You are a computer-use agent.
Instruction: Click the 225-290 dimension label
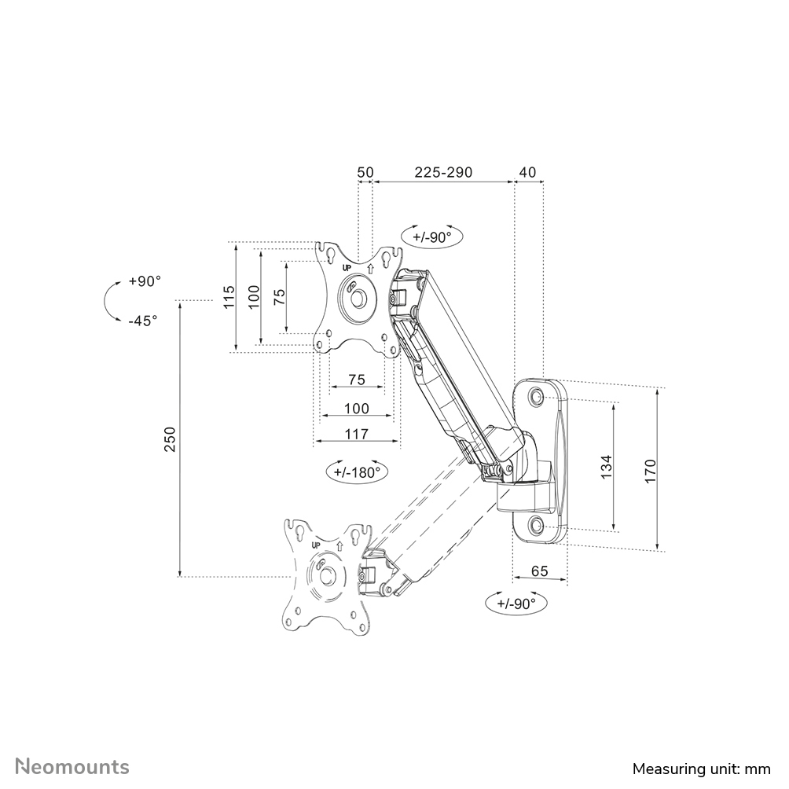443,172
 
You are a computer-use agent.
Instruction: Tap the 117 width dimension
357,433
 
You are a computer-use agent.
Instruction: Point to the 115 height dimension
229,298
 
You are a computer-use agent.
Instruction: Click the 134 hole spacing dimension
606,466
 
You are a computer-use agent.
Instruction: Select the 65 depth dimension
539,571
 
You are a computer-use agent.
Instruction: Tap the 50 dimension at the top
365,172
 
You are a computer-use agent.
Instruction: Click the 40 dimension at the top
528,172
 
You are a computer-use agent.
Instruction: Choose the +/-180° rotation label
357,472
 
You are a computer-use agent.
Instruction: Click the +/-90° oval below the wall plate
516,604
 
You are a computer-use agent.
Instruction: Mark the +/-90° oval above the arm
431,236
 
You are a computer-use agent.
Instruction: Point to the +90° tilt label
145,281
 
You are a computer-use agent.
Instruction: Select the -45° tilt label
142,320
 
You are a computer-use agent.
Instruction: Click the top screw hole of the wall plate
538,397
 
